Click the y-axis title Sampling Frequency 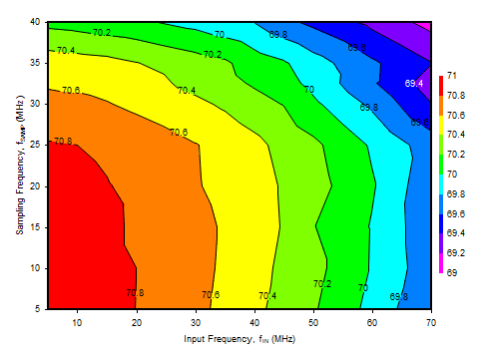[x=21, y=165]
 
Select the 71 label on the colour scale [x=451, y=76]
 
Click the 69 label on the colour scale [x=451, y=272]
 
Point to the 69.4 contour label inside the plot [x=415, y=84]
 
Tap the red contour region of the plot [x=85, y=229]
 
